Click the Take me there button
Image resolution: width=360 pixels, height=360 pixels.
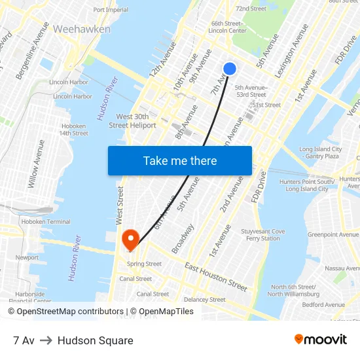click(x=179, y=160)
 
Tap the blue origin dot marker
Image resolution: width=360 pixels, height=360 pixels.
click(x=229, y=69)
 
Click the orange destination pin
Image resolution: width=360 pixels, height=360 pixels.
click(x=130, y=240)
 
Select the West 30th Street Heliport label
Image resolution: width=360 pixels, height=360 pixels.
click(x=132, y=120)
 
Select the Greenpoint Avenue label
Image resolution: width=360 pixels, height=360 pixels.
click(x=332, y=234)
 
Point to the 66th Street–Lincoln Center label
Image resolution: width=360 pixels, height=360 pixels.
click(x=227, y=27)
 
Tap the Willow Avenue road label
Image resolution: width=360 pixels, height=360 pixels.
click(x=37, y=164)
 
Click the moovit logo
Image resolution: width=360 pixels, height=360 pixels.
click(x=321, y=340)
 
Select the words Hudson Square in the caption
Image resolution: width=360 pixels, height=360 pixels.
click(x=96, y=340)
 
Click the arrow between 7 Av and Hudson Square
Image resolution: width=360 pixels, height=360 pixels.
click(x=46, y=340)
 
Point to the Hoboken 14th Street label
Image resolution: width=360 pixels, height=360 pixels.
click(x=74, y=130)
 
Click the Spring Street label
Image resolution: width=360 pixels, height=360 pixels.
click(x=144, y=264)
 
